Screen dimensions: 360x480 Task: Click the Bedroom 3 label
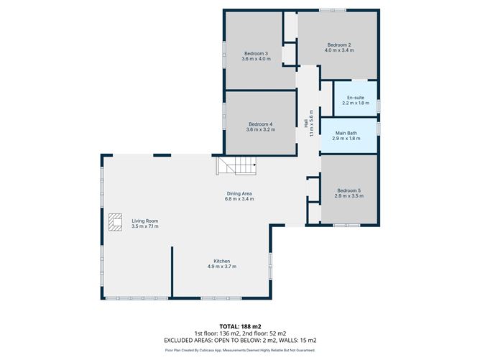click(x=256, y=54)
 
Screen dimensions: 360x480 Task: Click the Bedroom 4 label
click(x=259, y=124)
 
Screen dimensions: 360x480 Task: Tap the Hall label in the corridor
click(x=306, y=124)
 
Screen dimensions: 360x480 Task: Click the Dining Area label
click(x=240, y=192)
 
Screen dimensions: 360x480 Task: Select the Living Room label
click(x=144, y=221)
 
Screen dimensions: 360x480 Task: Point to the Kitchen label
click(x=221, y=261)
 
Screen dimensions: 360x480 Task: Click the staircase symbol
click(x=237, y=167)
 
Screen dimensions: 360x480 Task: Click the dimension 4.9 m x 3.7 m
click(x=221, y=267)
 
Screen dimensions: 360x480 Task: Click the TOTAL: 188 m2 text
click(x=240, y=326)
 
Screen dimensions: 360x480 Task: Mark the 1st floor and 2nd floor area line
click(x=240, y=333)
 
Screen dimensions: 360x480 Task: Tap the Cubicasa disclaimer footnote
click(x=240, y=351)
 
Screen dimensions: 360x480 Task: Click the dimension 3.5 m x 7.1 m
click(x=144, y=226)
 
